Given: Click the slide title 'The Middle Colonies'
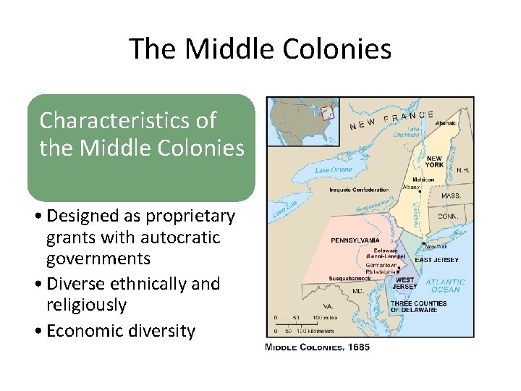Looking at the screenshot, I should point(260,49).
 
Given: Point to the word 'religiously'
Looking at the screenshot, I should point(85,305).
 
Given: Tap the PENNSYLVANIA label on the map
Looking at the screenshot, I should point(355,240).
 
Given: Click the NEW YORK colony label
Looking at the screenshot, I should point(434,161).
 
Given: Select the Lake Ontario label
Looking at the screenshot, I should point(334,169).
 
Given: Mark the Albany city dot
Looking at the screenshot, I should point(422,192).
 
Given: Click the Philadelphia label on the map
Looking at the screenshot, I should point(381,272).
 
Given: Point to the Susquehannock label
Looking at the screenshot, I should point(350,277).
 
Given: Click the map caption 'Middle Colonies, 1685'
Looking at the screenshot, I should point(318,348).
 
